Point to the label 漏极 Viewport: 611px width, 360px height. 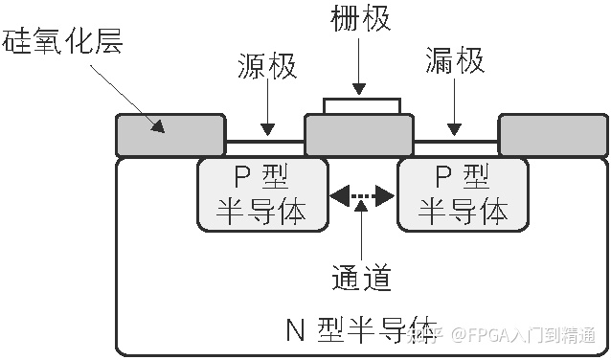pos(455,65)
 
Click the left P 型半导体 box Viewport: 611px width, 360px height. pos(261,194)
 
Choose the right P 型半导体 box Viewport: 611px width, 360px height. pos(462,194)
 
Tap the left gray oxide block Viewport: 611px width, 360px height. pos(170,135)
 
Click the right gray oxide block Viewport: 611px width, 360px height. pos(552,135)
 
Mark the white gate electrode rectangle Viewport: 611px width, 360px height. pos(361,104)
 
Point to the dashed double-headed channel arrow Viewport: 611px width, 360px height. pos(361,197)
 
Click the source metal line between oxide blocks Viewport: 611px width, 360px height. pos(264,144)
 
